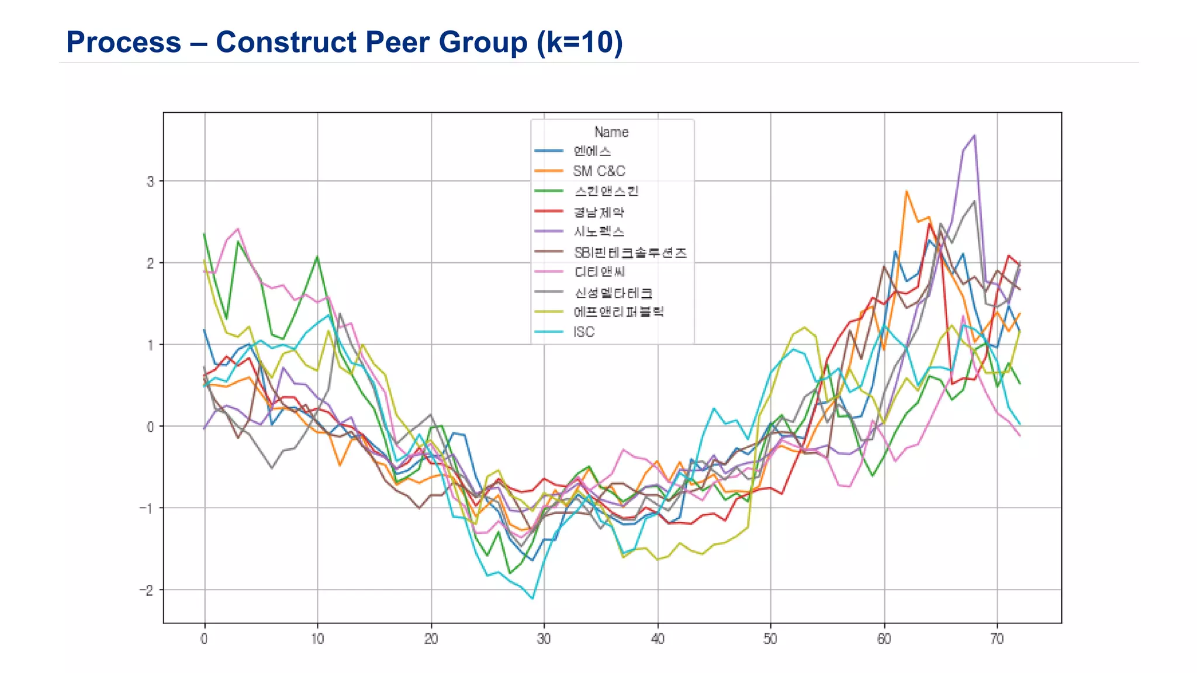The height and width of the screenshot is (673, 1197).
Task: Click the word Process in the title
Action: click(x=123, y=43)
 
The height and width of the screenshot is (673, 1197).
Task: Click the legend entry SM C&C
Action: click(x=598, y=171)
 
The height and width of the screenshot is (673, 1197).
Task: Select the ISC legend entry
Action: click(x=583, y=332)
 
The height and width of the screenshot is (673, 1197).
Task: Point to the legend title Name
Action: click(x=611, y=132)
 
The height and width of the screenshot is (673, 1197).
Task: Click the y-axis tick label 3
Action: click(x=150, y=181)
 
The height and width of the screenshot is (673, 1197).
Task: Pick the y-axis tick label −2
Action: click(x=147, y=590)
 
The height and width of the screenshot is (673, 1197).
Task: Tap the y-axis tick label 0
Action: click(x=150, y=426)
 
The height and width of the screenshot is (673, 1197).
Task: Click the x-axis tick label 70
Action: click(x=997, y=639)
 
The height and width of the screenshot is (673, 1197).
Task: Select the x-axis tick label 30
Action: click(x=544, y=639)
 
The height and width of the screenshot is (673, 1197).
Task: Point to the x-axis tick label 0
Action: click(x=204, y=639)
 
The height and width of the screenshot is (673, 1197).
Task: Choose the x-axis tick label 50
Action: click(x=770, y=639)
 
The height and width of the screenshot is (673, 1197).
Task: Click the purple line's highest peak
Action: click(x=974, y=136)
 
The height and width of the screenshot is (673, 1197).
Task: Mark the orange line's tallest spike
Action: click(x=907, y=191)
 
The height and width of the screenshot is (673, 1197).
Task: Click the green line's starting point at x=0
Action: click(x=204, y=234)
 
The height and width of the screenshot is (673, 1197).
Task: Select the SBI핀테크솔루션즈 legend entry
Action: click(x=629, y=252)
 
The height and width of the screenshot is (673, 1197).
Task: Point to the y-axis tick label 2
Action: click(x=150, y=263)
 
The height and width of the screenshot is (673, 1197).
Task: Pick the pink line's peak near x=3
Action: click(x=238, y=228)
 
